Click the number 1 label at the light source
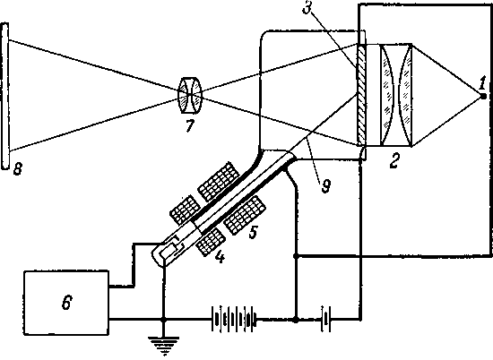tap(482, 83)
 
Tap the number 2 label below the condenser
tap(394, 160)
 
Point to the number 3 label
tap(307, 7)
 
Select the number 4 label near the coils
tap(220, 257)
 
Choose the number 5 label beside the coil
tap(254, 232)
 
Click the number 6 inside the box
tap(66, 303)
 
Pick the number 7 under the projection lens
tap(189, 125)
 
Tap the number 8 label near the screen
tap(18, 169)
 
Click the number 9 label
tap(325, 186)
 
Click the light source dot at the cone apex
tap(483, 96)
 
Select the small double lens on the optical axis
tap(190, 95)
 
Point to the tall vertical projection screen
tap(5, 96)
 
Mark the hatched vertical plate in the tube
tap(361, 95)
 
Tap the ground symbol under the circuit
tap(163, 345)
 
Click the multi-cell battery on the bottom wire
tap(234, 320)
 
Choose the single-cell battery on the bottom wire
tap(325, 320)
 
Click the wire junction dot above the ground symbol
tap(163, 320)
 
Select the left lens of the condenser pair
tap(387, 95)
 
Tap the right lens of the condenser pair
tap(405, 95)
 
